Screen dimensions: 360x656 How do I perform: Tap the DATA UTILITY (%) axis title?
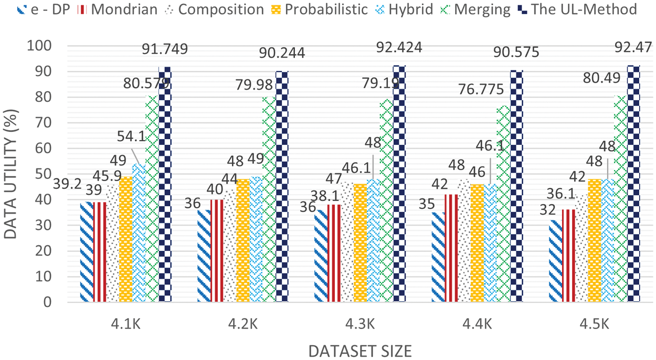point(12,174)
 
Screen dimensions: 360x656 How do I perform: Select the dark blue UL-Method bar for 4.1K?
point(165,184)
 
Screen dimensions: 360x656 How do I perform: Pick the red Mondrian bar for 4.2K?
point(217,250)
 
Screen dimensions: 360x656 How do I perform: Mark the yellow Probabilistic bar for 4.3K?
point(360,242)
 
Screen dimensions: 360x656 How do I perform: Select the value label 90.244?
point(282,53)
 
